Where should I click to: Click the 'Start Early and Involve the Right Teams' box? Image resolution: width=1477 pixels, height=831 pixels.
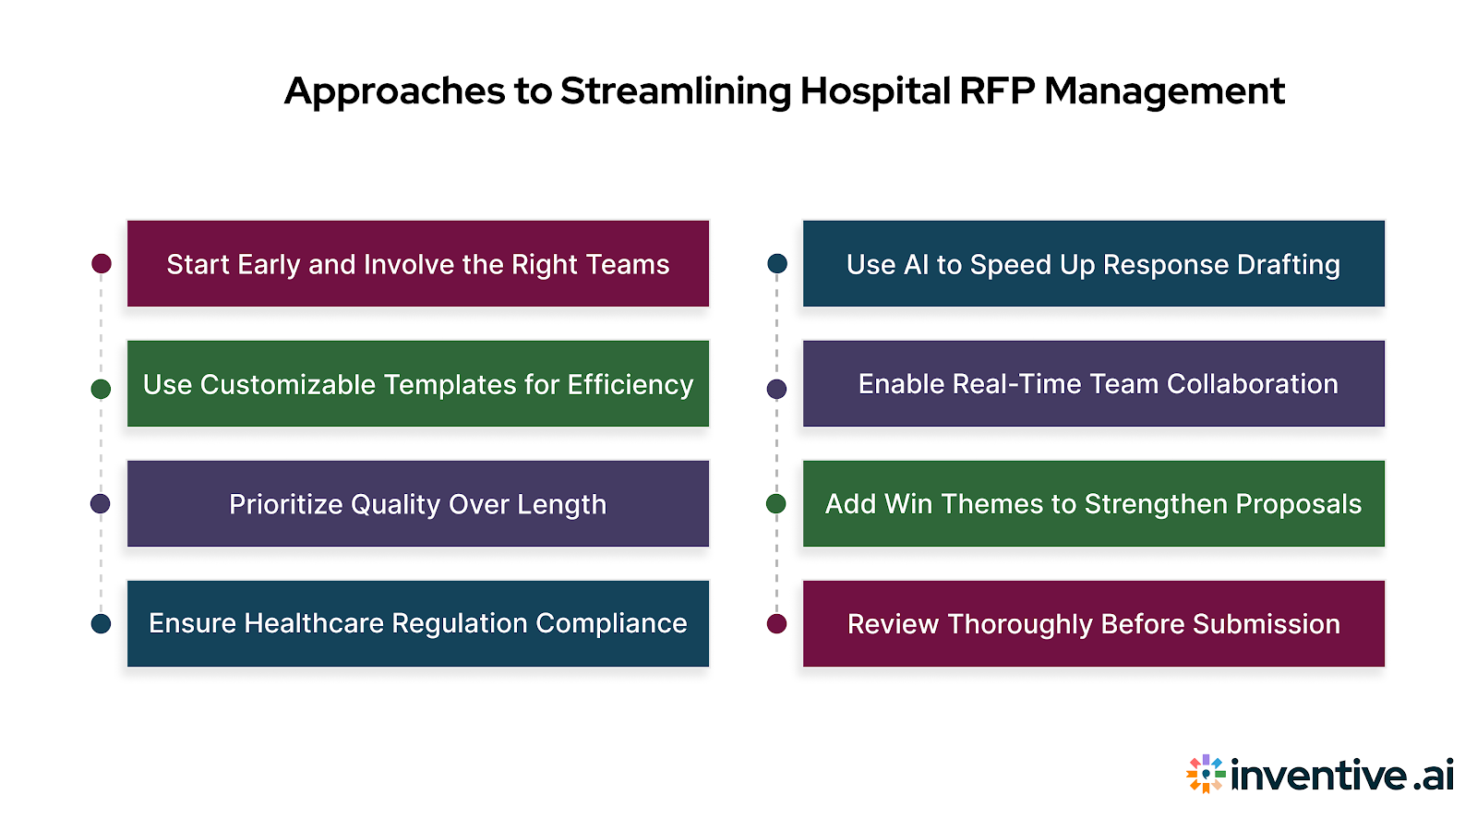tap(417, 263)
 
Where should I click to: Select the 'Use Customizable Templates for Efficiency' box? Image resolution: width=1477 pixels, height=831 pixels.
tap(417, 383)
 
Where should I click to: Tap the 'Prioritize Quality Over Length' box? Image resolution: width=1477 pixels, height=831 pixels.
tap(417, 503)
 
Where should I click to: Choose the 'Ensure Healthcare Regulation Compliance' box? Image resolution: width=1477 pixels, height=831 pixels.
tap(417, 623)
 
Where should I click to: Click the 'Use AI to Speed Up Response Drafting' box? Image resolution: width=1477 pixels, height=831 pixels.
tap(1093, 263)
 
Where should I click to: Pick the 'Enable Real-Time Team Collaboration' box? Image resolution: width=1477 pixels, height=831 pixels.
tap(1093, 383)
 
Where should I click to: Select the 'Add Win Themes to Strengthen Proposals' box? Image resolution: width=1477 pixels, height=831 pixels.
tap(1093, 503)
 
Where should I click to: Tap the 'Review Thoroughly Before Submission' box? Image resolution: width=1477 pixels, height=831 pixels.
tap(1093, 623)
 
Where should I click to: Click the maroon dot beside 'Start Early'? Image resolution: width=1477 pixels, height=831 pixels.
tap(102, 264)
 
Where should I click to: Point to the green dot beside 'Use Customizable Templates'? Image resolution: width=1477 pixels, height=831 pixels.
tap(102, 389)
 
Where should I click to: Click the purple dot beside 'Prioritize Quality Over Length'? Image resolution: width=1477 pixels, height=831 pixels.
tap(101, 503)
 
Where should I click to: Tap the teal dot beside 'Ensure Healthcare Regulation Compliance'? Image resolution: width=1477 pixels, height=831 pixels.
tap(102, 623)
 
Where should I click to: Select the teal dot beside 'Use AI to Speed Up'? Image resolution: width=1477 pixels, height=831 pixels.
tap(777, 264)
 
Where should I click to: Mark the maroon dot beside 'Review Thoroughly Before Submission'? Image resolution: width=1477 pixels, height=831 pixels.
tap(777, 623)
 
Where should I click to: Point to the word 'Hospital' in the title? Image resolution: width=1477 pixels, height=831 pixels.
tap(874, 91)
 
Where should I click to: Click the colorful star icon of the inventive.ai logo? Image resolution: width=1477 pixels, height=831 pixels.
tap(1206, 774)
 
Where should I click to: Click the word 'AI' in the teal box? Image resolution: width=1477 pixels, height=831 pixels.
tap(916, 265)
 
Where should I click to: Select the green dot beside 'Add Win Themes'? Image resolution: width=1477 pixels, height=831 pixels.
tap(776, 503)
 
